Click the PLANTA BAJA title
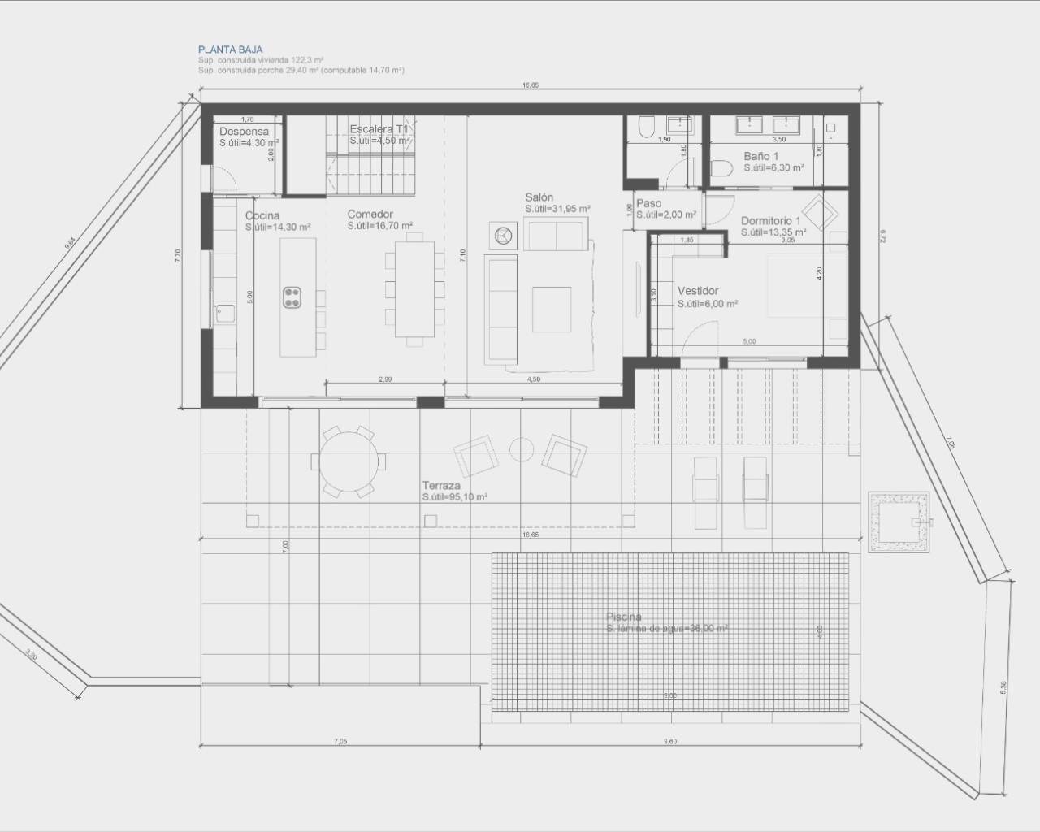230,50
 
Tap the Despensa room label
244,132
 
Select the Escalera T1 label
379,129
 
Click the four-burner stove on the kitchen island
293,298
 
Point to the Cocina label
262,215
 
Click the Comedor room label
370,214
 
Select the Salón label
539,197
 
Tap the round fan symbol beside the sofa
501,235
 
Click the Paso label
648,204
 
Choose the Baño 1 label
760,156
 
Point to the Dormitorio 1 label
770,221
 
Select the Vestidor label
697,291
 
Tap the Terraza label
441,485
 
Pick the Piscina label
623,617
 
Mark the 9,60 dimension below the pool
669,740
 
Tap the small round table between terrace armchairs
521,449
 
